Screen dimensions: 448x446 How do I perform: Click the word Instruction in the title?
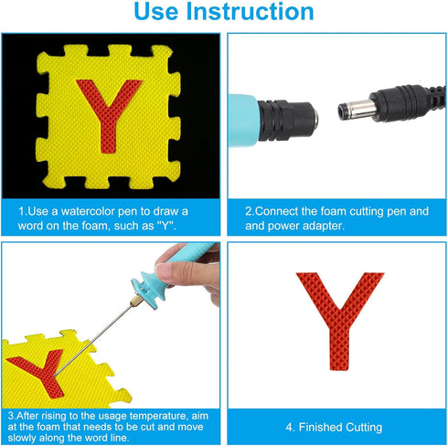coord(250,12)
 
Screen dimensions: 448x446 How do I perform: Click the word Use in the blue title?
coord(155,12)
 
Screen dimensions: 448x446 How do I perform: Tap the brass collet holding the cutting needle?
coord(135,301)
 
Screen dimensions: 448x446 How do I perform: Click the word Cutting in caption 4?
coord(364,428)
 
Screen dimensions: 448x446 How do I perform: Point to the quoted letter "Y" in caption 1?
coord(166,226)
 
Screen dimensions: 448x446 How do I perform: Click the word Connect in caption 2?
coord(276,211)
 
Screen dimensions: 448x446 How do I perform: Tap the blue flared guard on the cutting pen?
coord(150,289)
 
